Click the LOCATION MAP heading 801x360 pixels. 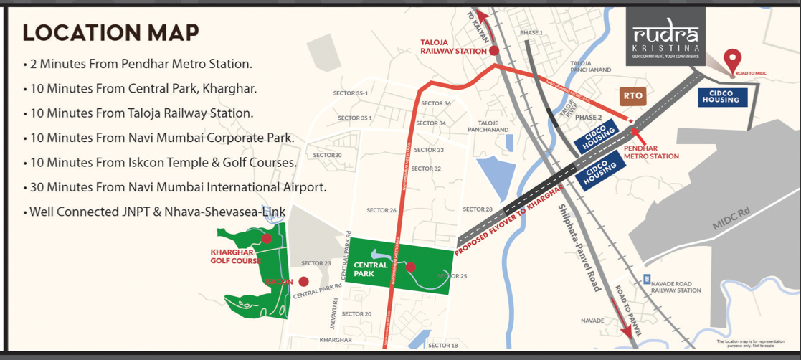pyautogui.click(x=111, y=33)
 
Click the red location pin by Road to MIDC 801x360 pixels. pyautogui.click(x=732, y=60)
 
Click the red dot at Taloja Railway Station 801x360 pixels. pyautogui.click(x=494, y=50)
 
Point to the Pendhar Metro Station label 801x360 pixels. pyautogui.click(x=650, y=151)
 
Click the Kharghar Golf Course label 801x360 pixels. pyautogui.click(x=234, y=256)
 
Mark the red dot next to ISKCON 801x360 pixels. pyautogui.click(x=304, y=282)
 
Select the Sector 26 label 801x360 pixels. pyautogui.click(x=381, y=210)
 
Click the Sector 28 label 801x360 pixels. pyautogui.click(x=478, y=209)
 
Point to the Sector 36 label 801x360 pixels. pyautogui.click(x=436, y=103)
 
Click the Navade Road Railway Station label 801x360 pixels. pyautogui.click(x=676, y=287)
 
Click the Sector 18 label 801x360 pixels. pyautogui.click(x=442, y=346)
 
